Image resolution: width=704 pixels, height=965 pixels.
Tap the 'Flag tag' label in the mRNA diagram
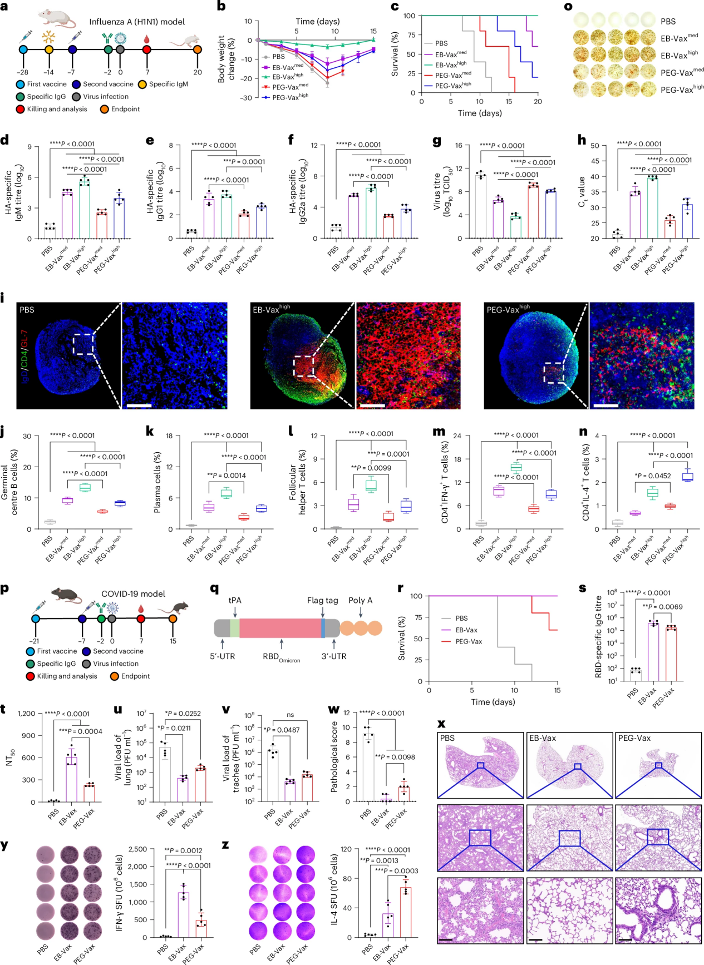[322, 600]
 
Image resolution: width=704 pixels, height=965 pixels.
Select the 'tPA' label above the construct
[235, 600]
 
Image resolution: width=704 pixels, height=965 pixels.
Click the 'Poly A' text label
[361, 600]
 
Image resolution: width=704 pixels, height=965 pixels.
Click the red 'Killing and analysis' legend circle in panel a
[21, 109]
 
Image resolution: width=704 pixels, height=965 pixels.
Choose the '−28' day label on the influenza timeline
[22, 72]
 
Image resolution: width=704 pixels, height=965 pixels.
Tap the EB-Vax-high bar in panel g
[515, 226]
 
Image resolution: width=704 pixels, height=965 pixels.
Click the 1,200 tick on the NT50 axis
[26, 714]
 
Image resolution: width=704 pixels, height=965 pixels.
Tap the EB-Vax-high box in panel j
[85, 487]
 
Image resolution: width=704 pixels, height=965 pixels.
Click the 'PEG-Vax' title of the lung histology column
[634, 738]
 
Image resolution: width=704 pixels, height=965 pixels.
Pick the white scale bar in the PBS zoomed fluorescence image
[139, 405]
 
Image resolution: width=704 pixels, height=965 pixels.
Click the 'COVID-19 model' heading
[133, 594]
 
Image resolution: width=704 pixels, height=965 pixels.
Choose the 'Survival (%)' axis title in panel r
[402, 638]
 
